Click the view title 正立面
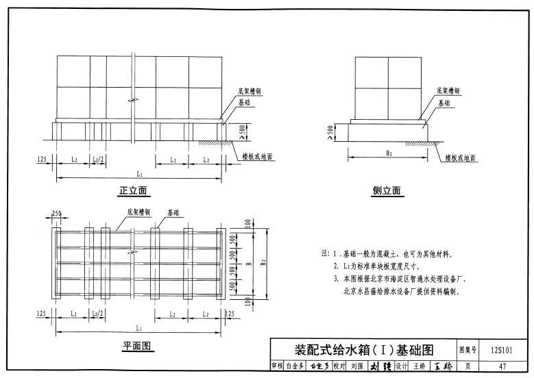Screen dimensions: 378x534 pyautogui.click(x=134, y=190)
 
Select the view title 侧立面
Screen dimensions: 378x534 pyautogui.click(x=387, y=191)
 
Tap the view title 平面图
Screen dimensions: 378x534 pyautogui.click(x=137, y=346)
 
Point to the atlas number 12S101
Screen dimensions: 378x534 pyautogui.click(x=502, y=350)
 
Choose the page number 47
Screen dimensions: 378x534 pyautogui.click(x=502, y=366)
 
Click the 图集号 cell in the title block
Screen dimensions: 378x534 pyautogui.click(x=469, y=350)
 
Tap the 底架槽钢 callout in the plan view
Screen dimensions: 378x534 pyautogui.click(x=138, y=212)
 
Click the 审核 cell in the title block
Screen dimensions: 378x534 pyautogui.click(x=278, y=366)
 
